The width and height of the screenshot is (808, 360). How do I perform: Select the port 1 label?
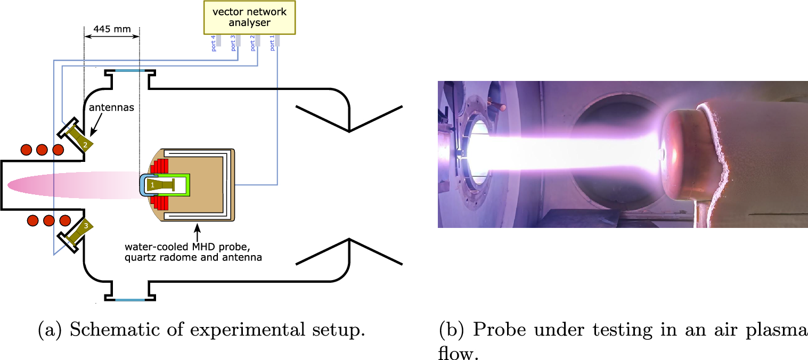273,43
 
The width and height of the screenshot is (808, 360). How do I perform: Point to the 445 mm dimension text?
111,29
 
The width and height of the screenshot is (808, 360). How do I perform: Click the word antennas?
111,108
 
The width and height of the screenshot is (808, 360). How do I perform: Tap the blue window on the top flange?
130,70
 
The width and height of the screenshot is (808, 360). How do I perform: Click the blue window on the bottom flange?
130,300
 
